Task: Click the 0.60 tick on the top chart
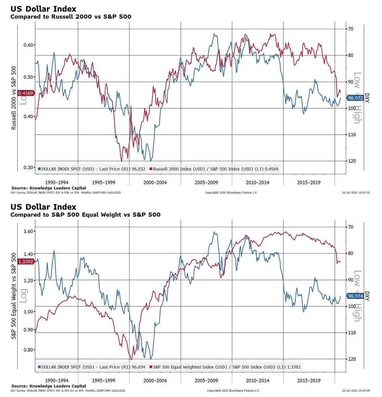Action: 29,45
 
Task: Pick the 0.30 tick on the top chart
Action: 29,168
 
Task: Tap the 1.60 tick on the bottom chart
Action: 28,232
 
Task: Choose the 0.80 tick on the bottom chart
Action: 28,350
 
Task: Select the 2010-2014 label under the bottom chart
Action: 257,381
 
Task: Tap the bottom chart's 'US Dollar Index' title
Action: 43,207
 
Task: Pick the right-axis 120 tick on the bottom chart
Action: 351,359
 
